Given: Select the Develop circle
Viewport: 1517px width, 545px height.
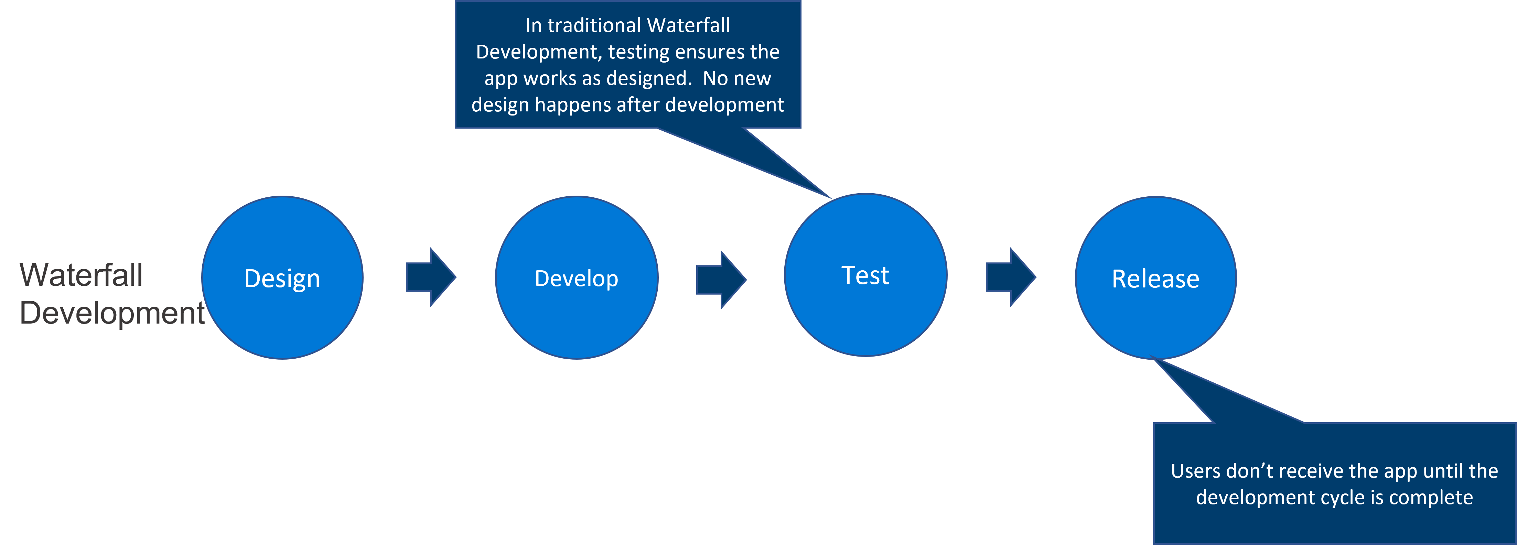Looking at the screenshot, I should click(577, 278).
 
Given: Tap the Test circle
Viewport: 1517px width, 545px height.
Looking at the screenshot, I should click(865, 275).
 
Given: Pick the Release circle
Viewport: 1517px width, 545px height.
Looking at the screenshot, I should click(1155, 278).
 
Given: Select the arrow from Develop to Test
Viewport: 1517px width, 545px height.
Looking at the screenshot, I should click(721, 280).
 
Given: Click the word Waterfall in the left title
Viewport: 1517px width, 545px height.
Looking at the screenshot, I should click(81, 275).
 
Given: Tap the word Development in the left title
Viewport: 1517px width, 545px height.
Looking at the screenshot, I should click(112, 313).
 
